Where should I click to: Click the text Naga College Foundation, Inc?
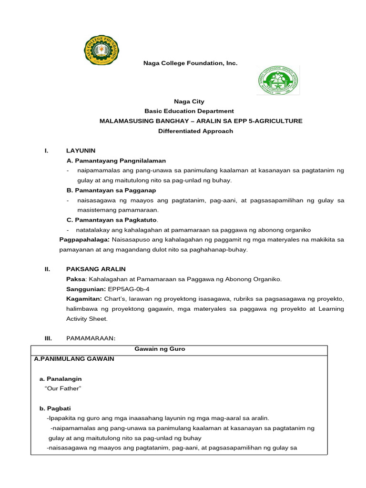click(183, 63)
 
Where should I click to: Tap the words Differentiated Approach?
click(195, 131)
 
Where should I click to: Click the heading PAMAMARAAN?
click(91, 338)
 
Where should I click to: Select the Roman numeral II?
click(47, 269)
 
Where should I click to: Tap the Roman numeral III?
click(48, 338)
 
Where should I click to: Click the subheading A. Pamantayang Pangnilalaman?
click(116, 161)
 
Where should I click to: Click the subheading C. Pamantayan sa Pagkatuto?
click(112, 220)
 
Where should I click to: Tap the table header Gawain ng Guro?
click(160, 349)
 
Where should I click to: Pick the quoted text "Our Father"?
click(63, 389)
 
